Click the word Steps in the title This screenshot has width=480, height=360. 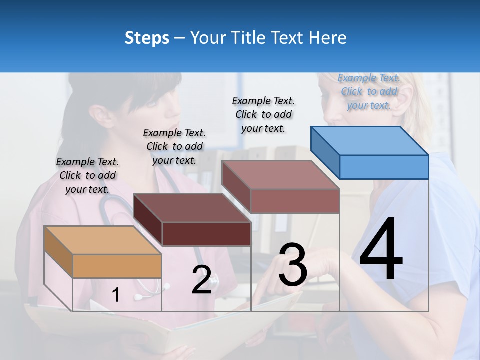pos(147,38)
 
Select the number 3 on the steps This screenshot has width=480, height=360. pos(292,265)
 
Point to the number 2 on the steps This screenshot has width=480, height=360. pos(201,280)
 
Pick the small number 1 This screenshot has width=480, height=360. pos(115,295)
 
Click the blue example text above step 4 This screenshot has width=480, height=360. pos(369,91)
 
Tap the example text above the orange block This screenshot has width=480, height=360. pos(87,175)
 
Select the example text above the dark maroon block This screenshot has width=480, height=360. pos(174,146)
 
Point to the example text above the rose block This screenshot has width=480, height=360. pos(263,114)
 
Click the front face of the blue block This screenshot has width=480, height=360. pos(384,167)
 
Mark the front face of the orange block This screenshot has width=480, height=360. pos(117,266)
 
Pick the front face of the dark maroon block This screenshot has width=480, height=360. pos(206,234)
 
